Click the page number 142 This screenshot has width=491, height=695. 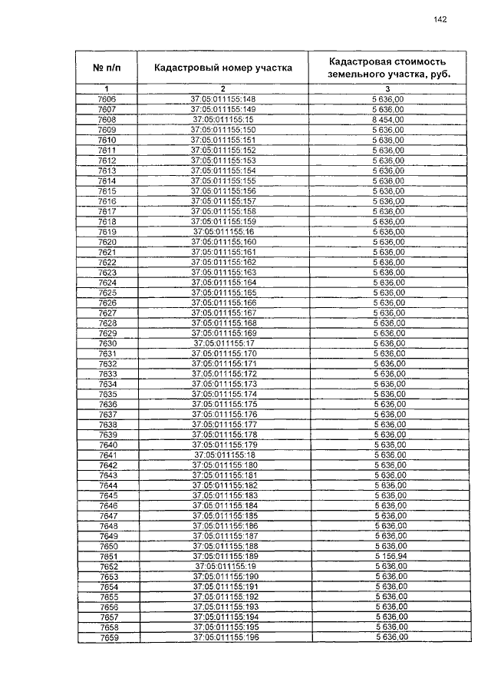[440, 20]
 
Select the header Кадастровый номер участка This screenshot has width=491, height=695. [222, 68]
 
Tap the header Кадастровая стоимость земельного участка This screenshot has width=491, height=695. [387, 68]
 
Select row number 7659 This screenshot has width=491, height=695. [107, 637]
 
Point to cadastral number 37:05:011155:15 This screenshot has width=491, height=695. [222, 120]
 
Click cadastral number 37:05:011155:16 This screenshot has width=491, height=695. [223, 231]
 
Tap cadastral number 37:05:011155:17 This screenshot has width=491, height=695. [224, 343]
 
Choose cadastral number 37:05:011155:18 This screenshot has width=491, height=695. [224, 454]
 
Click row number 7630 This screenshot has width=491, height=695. [107, 343]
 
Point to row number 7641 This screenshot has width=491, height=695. [108, 454]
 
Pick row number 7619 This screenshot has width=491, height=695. [107, 231]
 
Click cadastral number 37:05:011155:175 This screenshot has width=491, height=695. [224, 403]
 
